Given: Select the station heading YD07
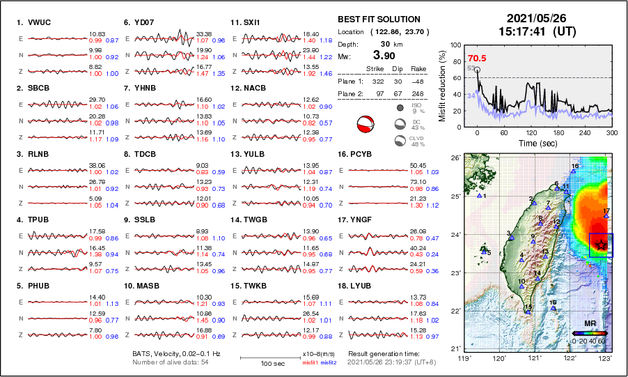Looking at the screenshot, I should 144,22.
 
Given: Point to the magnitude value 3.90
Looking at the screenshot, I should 383,56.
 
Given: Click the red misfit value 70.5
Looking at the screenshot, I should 477,59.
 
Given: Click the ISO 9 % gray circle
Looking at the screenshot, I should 400,108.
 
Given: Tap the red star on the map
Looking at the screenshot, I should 602,245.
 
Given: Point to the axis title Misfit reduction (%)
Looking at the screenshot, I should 442,86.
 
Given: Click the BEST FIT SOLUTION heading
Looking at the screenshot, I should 379,20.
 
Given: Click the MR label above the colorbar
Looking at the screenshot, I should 589,324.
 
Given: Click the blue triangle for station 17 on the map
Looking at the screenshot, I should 606,217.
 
